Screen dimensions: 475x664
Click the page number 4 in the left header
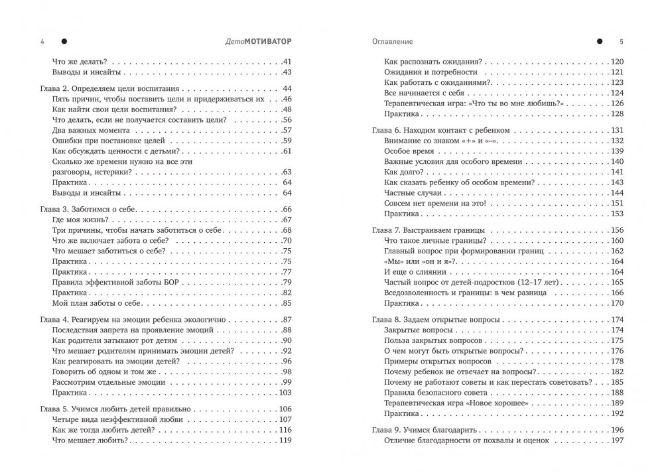42,41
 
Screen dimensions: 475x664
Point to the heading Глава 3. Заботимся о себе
86,209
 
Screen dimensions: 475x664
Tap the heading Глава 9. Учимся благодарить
425,430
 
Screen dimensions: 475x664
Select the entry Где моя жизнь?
78,220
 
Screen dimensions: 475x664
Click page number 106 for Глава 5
286,409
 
